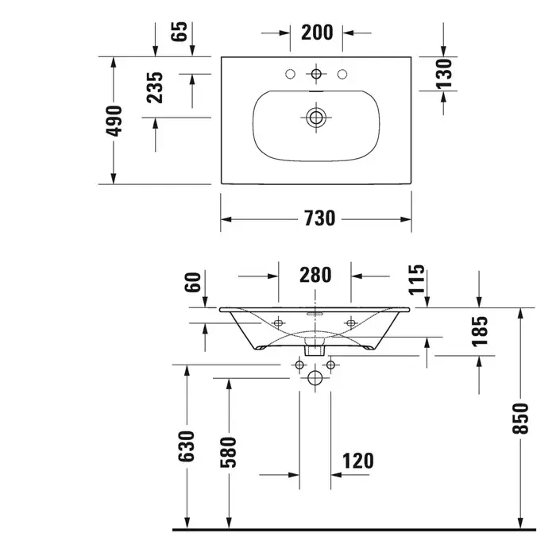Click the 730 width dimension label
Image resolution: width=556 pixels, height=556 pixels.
[318, 218]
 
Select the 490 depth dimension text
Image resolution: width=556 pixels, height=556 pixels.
[114, 120]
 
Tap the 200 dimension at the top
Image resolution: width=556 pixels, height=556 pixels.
[316, 33]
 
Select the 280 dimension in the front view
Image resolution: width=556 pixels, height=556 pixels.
[315, 276]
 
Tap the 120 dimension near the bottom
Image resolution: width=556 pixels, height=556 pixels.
[358, 460]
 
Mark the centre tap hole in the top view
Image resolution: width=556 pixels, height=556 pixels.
[317, 75]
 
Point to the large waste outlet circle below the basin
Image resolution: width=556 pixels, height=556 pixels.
[316, 376]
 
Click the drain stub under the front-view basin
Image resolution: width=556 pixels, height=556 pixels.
[315, 347]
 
